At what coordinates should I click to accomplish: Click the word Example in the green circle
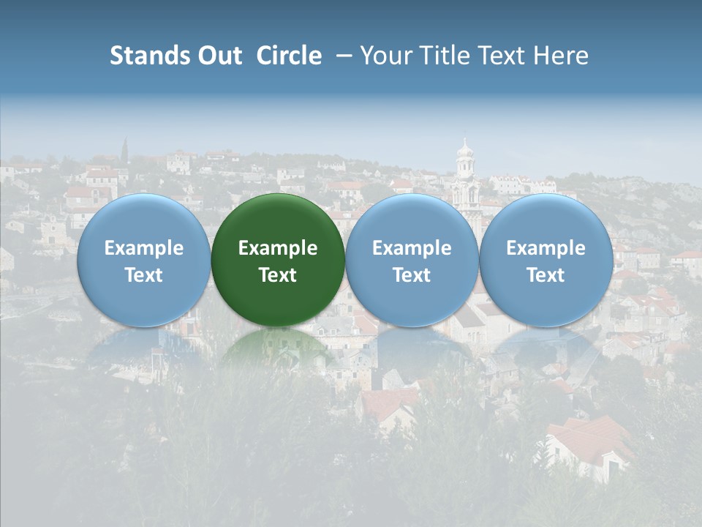[278, 248]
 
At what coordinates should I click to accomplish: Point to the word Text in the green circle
[278, 275]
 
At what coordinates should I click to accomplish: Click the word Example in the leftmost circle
[143, 248]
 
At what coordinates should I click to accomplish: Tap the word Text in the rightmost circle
[546, 275]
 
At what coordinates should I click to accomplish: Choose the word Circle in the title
[289, 56]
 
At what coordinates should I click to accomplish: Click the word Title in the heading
[444, 56]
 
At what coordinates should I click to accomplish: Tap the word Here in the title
[562, 56]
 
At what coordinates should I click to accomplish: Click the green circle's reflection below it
[278, 348]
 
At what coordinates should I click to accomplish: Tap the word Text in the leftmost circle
[143, 275]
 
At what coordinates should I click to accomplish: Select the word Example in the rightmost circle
[546, 248]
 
